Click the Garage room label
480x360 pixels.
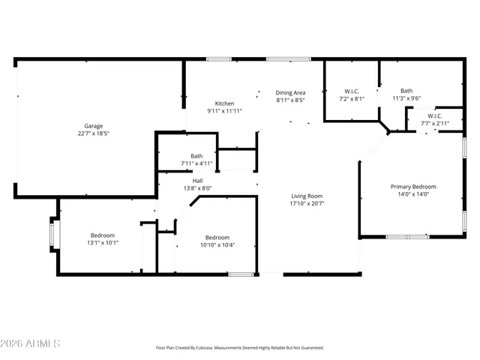click(x=94, y=126)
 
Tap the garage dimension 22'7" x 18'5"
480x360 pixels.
click(x=94, y=133)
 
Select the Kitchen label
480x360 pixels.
click(x=225, y=103)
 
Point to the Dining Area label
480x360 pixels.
click(x=289, y=91)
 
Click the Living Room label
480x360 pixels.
click(x=307, y=196)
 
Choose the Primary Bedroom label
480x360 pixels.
click(x=413, y=187)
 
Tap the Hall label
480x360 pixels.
click(x=197, y=181)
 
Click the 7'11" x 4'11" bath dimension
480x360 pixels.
click(x=196, y=163)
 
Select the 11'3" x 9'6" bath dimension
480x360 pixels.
click(x=406, y=97)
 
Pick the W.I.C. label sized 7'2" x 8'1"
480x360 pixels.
click(x=351, y=91)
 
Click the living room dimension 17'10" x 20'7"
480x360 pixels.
click(x=307, y=203)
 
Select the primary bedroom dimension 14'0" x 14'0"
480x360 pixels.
click(x=413, y=194)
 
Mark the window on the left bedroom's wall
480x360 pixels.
click(x=52, y=235)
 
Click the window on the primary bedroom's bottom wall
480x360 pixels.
click(x=408, y=237)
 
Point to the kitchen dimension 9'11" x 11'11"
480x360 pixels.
click(x=225, y=111)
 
